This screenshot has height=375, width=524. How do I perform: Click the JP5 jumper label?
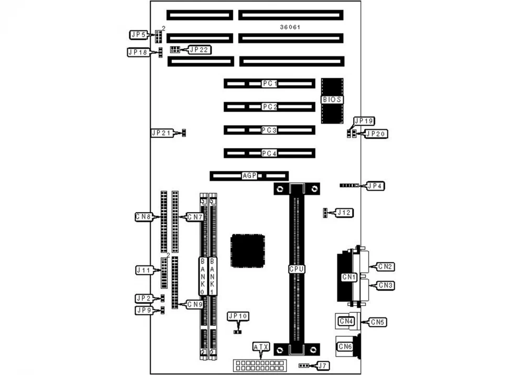(138, 35)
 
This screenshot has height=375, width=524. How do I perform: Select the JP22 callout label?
(199, 50)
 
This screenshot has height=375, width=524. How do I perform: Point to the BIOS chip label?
(332, 100)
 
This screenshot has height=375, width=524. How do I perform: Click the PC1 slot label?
(270, 84)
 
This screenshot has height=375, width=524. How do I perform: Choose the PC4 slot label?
(270, 153)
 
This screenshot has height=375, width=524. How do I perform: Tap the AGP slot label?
(249, 176)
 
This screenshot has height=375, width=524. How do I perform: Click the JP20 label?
(376, 134)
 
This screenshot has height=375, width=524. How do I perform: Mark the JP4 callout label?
(376, 185)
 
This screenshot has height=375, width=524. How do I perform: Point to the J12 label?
(345, 213)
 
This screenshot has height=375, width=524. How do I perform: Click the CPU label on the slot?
(297, 269)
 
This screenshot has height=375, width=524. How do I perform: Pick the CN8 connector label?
(144, 216)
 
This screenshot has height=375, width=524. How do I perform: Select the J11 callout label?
(144, 270)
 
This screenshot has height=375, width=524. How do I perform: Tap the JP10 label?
(238, 316)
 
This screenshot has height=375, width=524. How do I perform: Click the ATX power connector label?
(260, 347)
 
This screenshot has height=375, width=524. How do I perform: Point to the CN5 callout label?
(378, 322)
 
